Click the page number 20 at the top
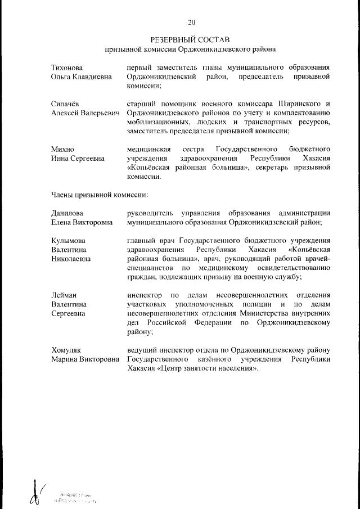coord(191,22)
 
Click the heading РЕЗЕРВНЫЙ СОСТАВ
coord(191,40)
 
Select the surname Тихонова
coord(67,67)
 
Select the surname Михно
coord(62,149)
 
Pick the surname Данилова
coord(67,213)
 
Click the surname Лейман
coord(64,295)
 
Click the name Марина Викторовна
coord(85,359)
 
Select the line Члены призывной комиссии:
coord(100,195)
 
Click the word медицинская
coord(149,149)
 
